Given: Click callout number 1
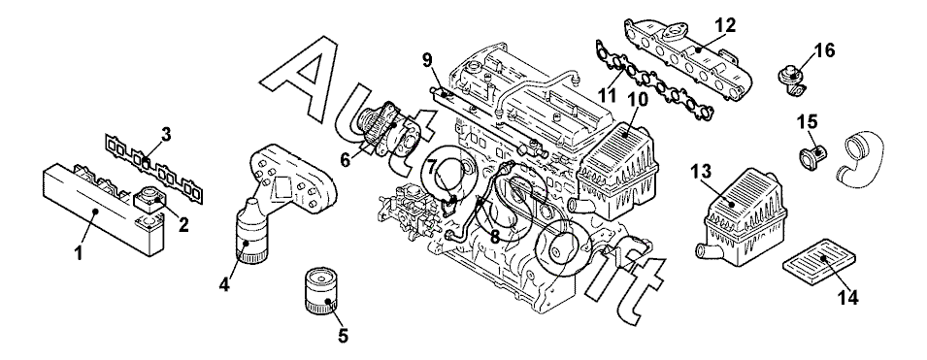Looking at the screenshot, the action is [x=79, y=253].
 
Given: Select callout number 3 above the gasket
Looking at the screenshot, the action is [x=166, y=134].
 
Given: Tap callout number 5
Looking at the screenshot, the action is [x=343, y=336].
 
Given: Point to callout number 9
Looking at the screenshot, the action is [x=428, y=59].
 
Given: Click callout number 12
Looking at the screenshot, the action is [x=725, y=25].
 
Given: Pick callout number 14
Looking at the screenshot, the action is [x=848, y=298].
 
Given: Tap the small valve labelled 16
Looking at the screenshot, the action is [x=791, y=78].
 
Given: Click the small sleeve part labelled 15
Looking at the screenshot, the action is [x=812, y=155].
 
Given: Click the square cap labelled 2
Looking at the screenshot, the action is [x=150, y=200].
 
